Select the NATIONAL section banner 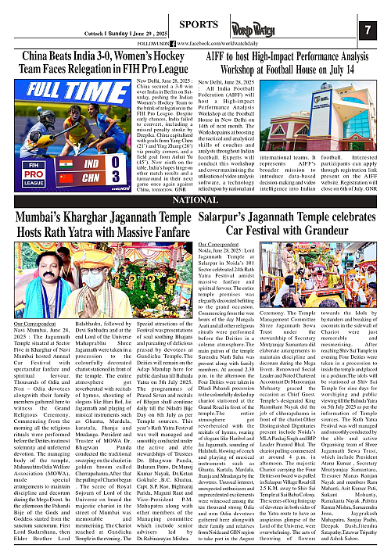[195, 201]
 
